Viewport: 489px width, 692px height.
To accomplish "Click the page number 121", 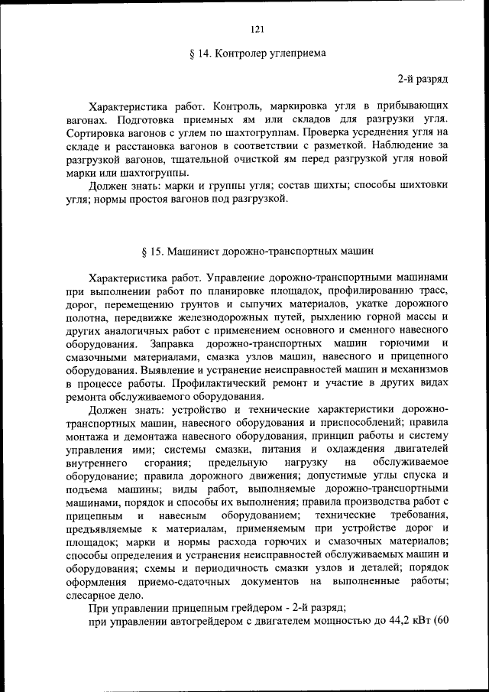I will click(x=257, y=30).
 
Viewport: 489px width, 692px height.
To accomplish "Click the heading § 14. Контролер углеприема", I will click(x=257, y=54).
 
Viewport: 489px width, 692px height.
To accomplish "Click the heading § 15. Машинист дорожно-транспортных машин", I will click(x=257, y=251).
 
